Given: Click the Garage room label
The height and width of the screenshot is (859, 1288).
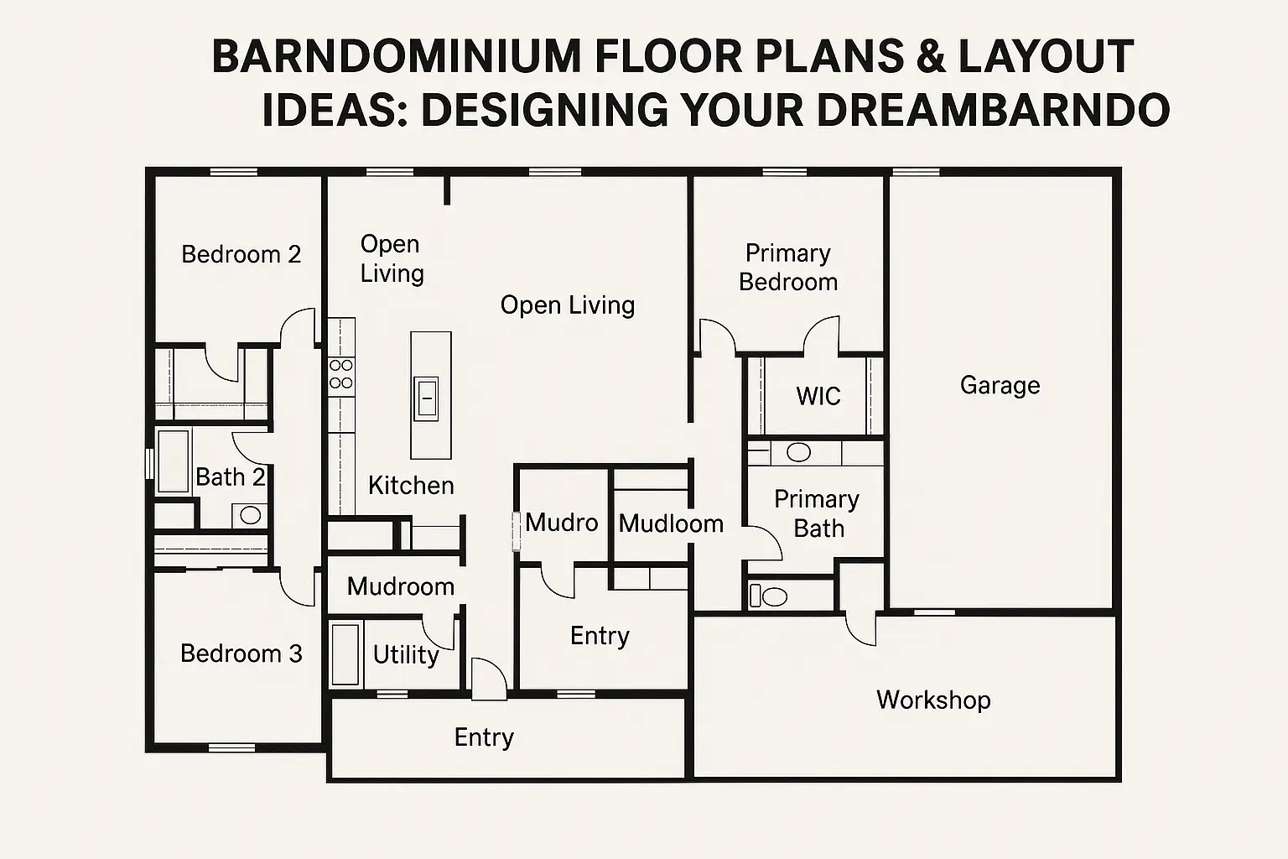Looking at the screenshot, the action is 1000,385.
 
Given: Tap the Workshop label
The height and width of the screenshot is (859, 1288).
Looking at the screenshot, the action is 934,700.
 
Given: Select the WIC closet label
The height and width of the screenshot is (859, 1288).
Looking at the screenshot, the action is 818,396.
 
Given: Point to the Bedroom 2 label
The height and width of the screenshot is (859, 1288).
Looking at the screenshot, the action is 241,253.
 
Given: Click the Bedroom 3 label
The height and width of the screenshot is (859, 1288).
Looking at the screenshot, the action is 241,653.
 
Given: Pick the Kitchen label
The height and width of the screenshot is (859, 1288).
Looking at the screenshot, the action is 411,485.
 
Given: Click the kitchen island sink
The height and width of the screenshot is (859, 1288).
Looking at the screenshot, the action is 426,398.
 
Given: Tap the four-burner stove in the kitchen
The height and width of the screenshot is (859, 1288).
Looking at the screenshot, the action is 341,374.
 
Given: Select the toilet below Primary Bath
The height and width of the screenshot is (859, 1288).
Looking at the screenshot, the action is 769,596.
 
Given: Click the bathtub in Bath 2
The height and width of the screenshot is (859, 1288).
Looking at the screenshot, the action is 173,461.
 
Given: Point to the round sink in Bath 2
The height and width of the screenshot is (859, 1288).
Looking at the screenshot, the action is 250,515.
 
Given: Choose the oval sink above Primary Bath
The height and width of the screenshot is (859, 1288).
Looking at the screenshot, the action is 798,452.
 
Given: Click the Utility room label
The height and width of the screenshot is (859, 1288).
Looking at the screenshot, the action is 406,655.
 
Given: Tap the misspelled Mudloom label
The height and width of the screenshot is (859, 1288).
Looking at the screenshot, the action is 671,523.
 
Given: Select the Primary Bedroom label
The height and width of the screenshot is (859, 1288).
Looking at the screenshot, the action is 788,268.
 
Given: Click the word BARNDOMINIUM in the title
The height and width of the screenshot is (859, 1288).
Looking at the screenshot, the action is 397,56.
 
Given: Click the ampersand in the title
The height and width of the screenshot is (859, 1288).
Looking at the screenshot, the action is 931,56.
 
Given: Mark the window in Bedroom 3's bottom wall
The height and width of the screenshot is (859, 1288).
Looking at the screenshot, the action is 231,747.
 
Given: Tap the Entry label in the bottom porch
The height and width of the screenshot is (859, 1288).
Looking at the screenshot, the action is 484,737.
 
